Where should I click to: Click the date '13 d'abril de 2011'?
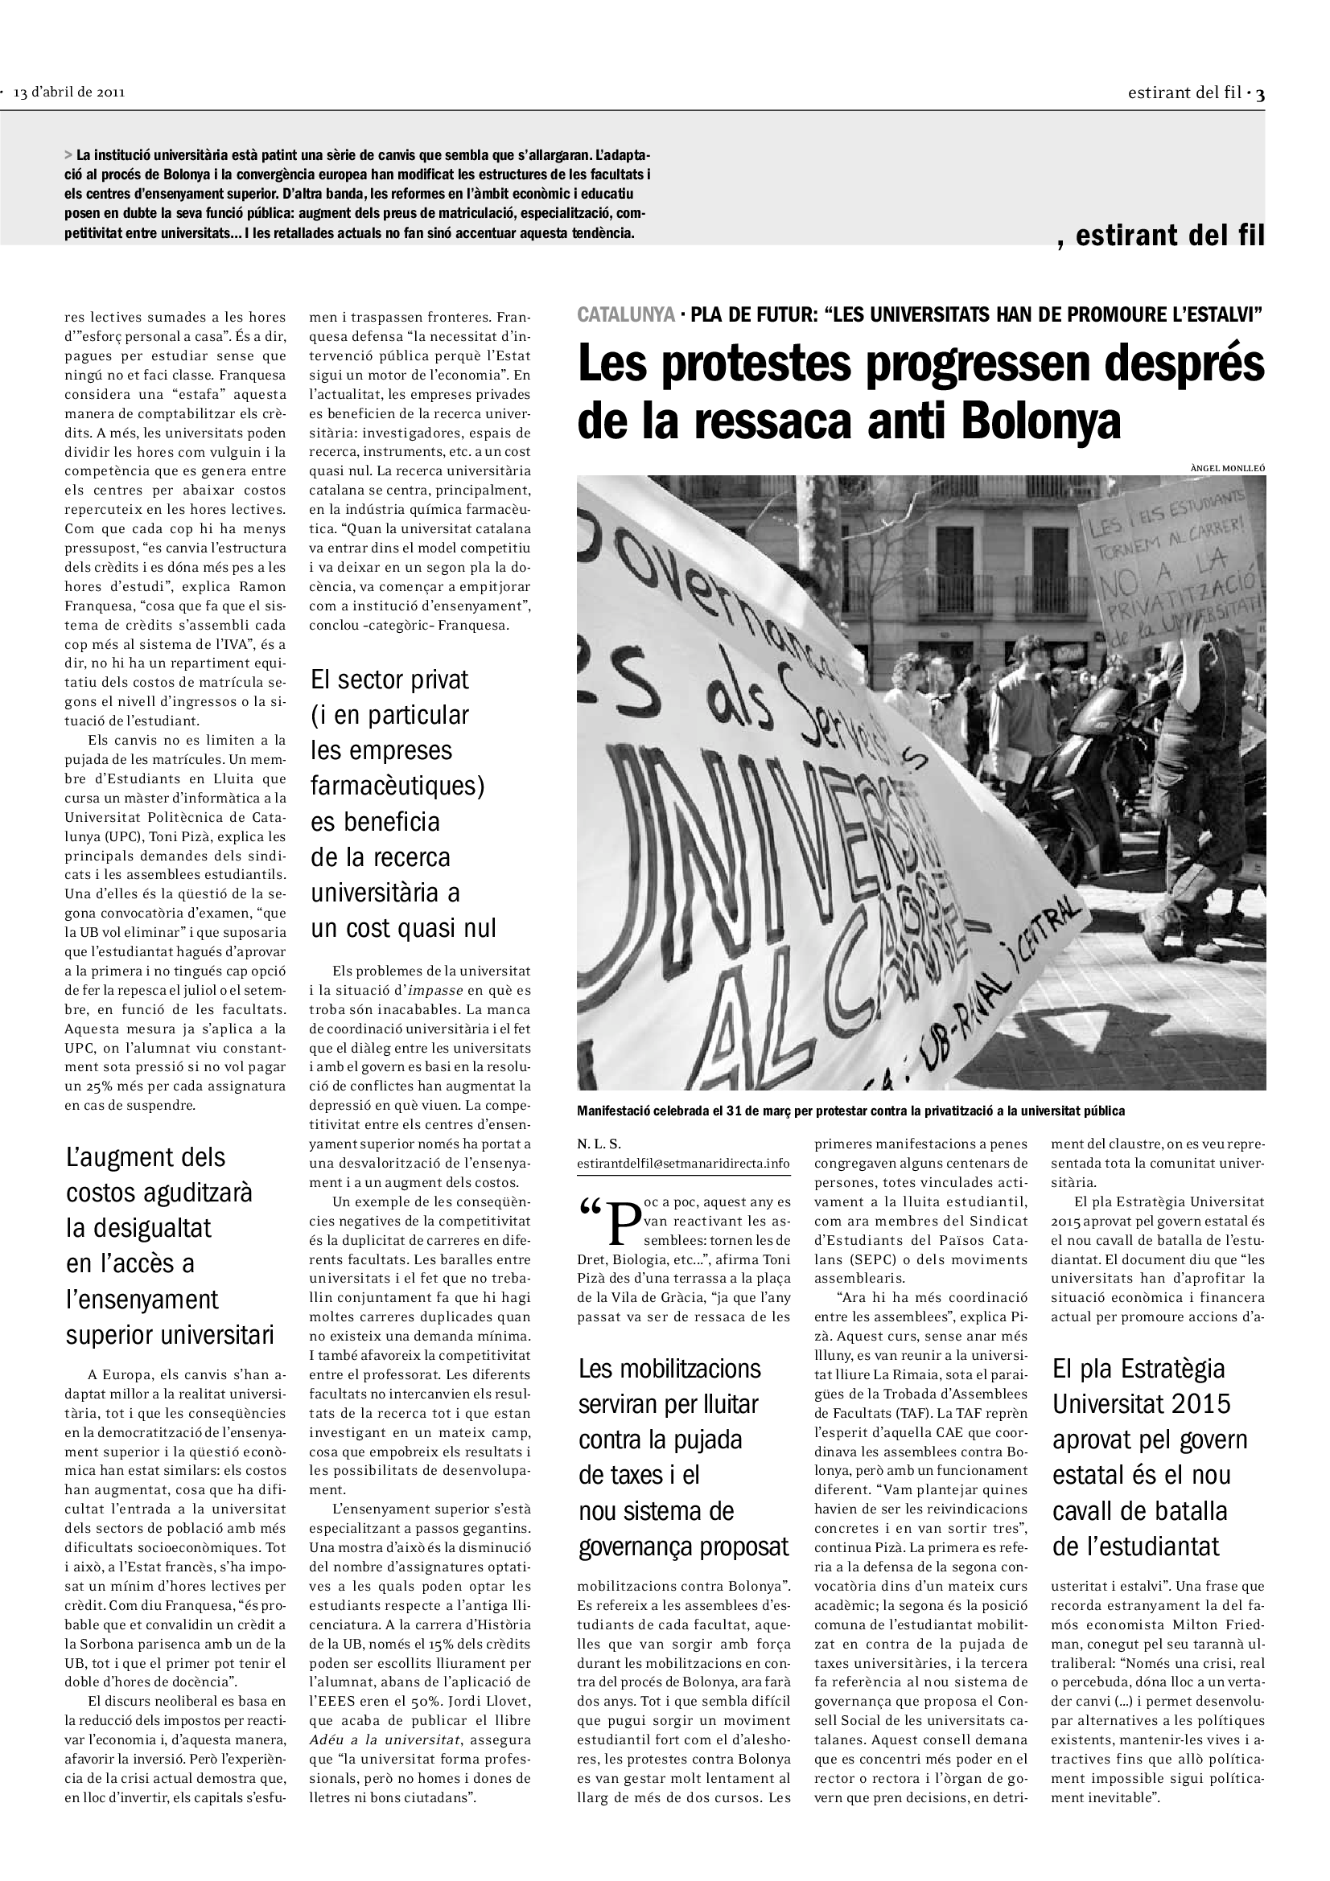point(69,92)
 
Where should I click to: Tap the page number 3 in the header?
point(1260,93)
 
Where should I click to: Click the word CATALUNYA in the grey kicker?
point(626,315)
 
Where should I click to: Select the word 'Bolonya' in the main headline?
point(1040,422)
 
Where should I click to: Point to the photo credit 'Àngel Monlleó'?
point(1227,468)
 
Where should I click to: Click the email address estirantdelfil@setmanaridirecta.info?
point(683,1164)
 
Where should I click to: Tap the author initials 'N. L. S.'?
point(599,1144)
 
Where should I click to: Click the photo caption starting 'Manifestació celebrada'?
point(850,1111)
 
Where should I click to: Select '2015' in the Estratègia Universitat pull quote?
point(1200,1404)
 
